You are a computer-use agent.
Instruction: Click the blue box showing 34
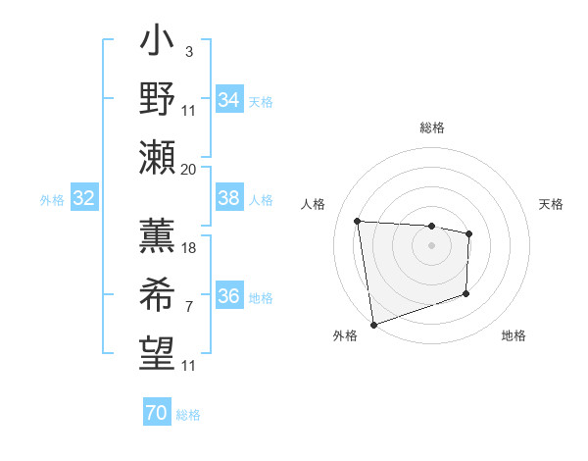[x=229, y=99]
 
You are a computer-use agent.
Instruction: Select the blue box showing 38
[x=229, y=198]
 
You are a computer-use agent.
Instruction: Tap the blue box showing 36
[x=229, y=296]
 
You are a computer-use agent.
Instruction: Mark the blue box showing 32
[x=84, y=198]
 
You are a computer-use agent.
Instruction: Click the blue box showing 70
[x=157, y=413]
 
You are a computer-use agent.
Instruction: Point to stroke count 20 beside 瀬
[x=189, y=169]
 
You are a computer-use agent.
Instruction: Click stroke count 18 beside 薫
[x=189, y=248]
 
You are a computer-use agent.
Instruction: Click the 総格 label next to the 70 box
[x=188, y=415]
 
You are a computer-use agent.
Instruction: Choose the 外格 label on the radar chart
[x=345, y=336]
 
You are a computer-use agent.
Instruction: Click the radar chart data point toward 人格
[x=358, y=221]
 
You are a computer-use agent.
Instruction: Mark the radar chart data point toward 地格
[x=466, y=294]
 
